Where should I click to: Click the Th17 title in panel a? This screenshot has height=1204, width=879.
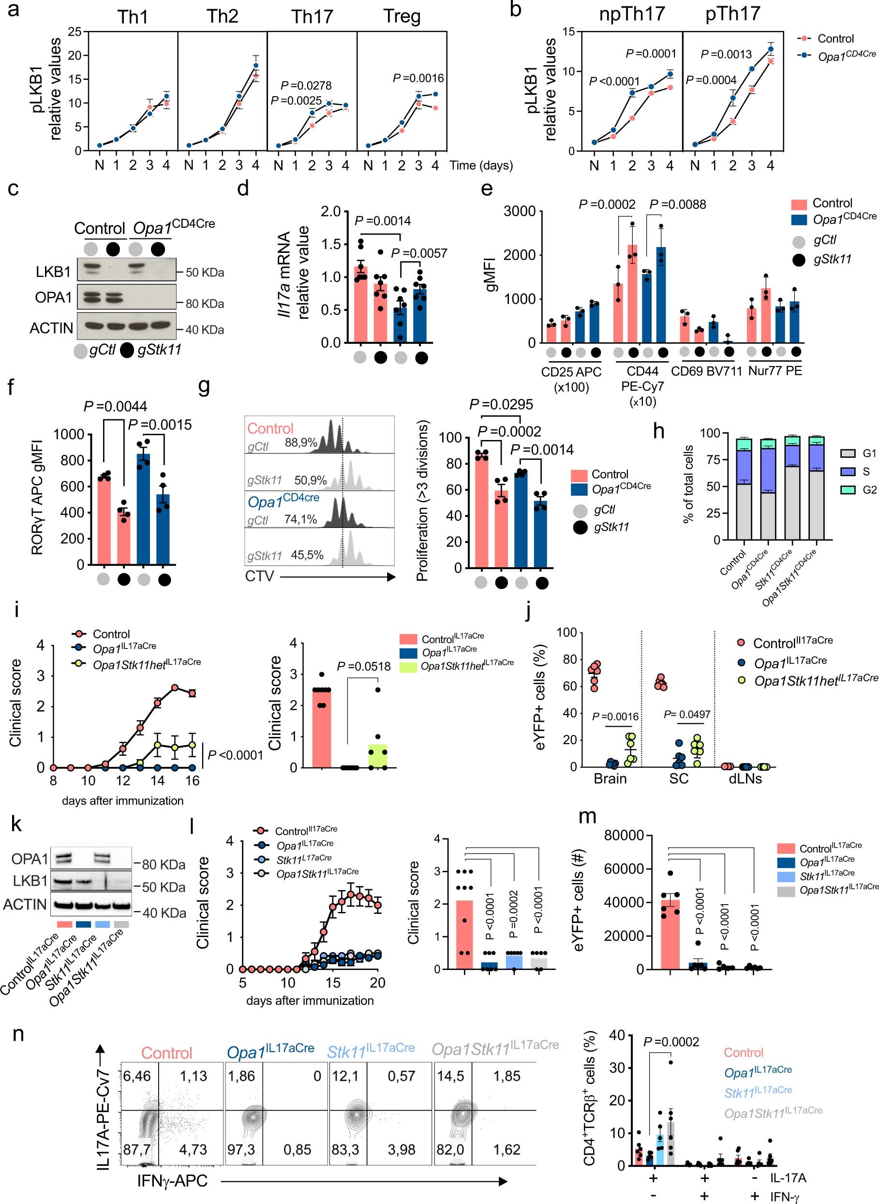[x=312, y=16]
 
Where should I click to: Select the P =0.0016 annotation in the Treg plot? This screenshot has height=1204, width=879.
[x=418, y=78]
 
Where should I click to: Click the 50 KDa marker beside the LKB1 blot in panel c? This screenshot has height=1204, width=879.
[x=204, y=273]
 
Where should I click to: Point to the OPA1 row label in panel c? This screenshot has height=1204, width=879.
[x=53, y=297]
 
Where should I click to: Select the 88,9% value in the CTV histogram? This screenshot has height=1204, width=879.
[x=301, y=442]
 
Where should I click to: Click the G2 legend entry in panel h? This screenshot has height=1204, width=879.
[x=869, y=490]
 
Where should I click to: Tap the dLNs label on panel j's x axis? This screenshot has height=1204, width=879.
[x=745, y=778]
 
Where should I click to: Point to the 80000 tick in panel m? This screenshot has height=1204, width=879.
[x=624, y=836]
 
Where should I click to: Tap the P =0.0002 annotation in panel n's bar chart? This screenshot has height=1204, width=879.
[x=671, y=1042]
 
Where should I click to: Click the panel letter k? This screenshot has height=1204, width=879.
[x=16, y=824]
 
